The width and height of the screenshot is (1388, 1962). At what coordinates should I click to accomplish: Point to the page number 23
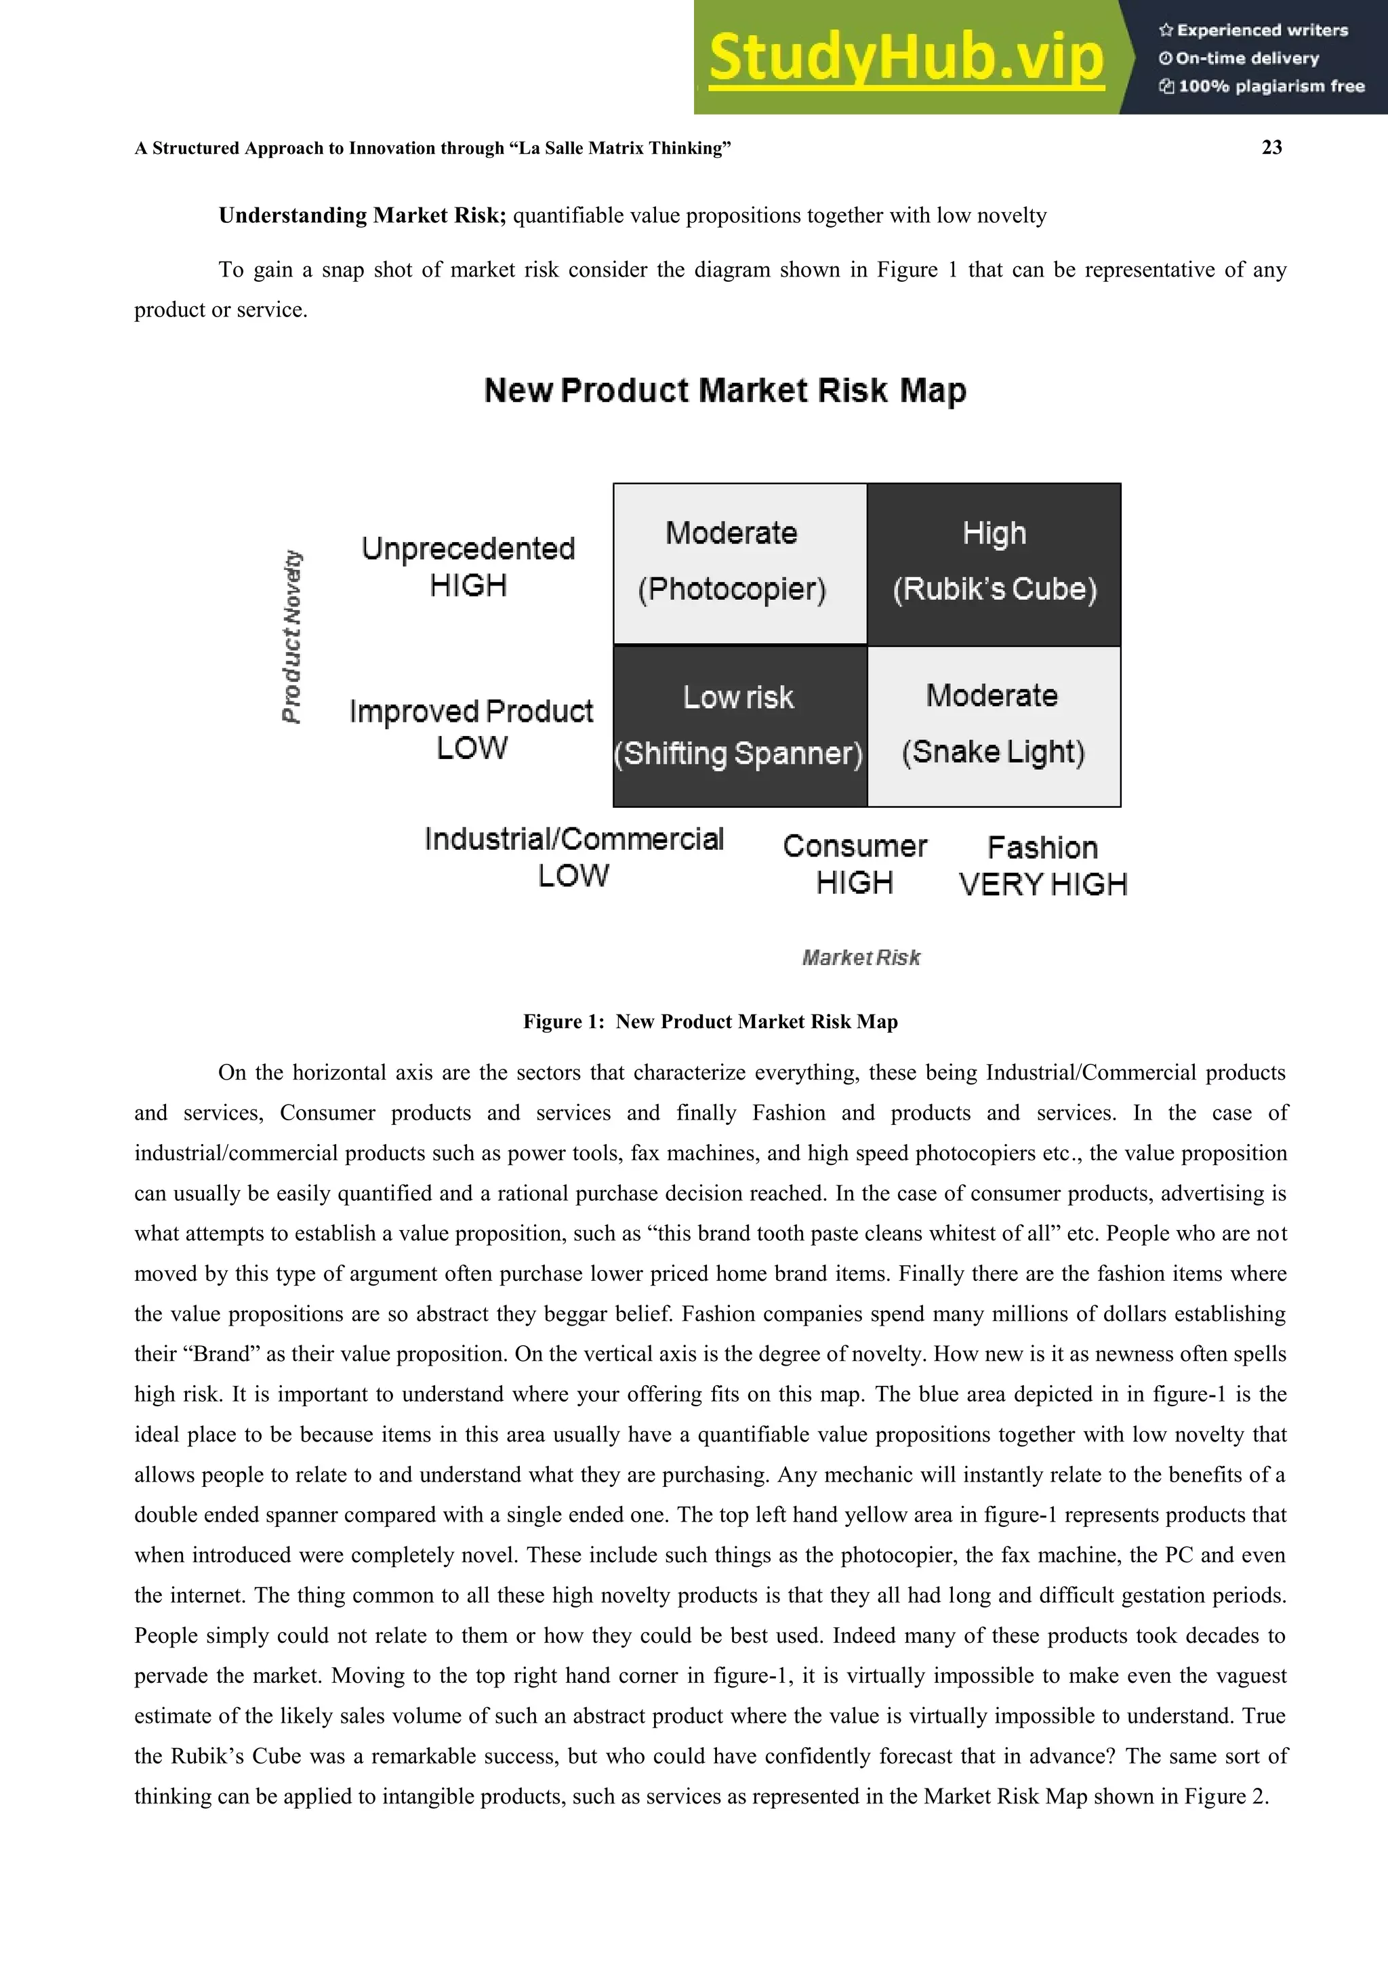tap(1271, 148)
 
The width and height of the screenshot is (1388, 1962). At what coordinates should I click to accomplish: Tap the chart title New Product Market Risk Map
tap(724, 390)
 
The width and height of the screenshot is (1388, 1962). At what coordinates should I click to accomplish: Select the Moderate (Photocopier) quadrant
tap(740, 563)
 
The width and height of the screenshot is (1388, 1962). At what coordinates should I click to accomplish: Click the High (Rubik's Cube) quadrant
tap(994, 563)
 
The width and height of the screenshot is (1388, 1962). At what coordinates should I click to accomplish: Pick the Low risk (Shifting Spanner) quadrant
tap(740, 725)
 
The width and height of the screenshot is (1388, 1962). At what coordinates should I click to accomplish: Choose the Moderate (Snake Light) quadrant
tap(994, 725)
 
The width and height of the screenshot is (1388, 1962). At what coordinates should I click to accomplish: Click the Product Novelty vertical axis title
tap(292, 636)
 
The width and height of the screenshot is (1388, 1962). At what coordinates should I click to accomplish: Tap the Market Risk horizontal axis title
tap(861, 958)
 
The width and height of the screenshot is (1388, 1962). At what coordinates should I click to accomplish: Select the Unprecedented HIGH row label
tap(468, 567)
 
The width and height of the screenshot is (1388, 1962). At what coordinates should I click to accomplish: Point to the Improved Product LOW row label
tap(471, 729)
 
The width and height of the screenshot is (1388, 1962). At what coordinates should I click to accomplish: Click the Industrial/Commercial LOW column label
tap(573, 857)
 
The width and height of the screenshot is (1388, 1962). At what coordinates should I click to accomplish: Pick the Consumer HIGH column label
tap(855, 864)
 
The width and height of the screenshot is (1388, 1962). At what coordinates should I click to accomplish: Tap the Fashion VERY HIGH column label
tap(1043, 865)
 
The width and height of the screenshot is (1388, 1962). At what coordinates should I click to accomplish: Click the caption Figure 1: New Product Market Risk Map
tap(710, 1022)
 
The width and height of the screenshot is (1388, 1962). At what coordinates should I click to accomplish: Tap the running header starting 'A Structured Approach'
tap(432, 148)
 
